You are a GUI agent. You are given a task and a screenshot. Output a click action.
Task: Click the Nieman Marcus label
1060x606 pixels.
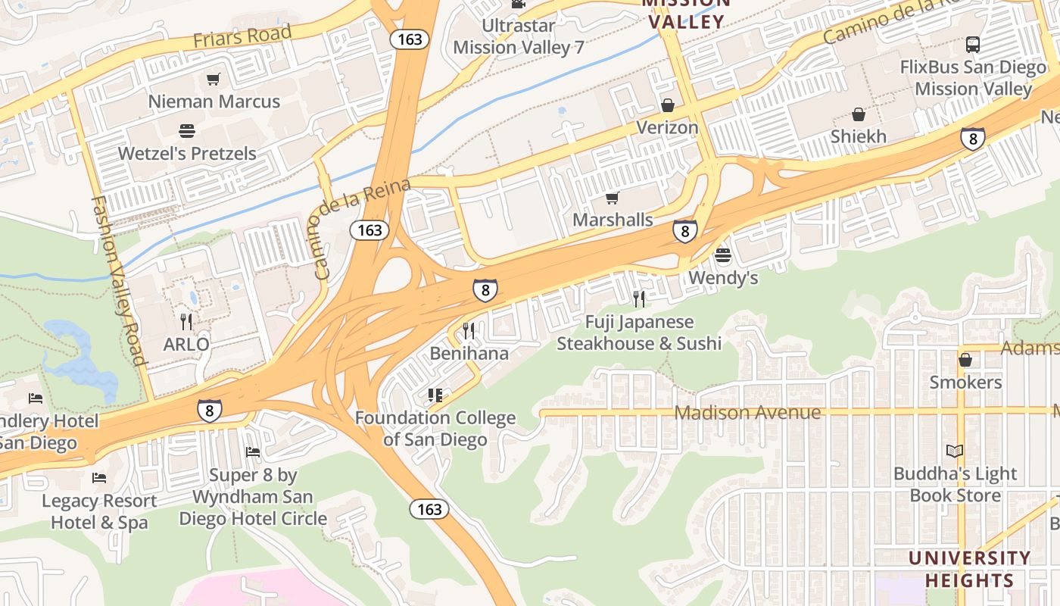214,102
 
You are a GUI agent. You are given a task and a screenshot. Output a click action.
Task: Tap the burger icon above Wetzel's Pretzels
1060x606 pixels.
187,130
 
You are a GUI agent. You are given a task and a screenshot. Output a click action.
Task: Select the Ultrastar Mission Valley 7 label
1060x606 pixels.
519,36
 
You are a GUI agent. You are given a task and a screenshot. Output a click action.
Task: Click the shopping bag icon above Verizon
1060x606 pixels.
667,105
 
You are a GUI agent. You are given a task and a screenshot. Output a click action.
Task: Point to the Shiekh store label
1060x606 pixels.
858,136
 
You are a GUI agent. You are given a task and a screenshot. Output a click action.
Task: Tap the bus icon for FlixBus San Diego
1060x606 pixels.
973,45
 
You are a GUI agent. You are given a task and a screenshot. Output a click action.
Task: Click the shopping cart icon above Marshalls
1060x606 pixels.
613,198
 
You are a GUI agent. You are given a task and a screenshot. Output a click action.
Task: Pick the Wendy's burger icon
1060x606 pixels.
723,255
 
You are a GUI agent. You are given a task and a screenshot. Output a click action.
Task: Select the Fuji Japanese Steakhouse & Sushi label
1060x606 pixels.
639,333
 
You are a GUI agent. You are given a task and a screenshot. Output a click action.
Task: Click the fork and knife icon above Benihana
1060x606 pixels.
469,330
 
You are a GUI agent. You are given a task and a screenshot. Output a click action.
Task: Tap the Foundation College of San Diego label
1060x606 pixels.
435,429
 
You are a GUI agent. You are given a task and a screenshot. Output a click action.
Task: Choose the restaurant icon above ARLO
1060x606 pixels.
186,322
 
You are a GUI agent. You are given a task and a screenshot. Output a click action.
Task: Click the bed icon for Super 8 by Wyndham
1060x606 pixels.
253,452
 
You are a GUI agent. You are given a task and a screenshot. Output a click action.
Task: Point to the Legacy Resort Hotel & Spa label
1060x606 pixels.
99,511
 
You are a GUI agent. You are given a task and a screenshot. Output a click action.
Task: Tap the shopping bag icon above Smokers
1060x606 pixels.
965,360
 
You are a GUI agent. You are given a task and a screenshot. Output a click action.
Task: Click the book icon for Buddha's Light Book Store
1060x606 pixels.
955,451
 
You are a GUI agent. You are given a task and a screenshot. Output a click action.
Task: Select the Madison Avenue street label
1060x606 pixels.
747,413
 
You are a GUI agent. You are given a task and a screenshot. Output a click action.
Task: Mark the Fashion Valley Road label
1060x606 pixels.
117,280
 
